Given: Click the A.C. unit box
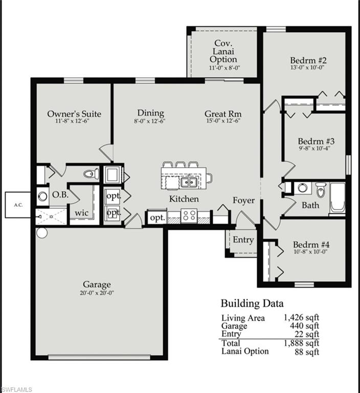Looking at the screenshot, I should [x=18, y=205].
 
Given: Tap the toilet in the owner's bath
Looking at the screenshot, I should [x=91, y=174].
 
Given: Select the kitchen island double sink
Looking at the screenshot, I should [x=189, y=182].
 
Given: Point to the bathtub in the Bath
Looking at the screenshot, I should [x=337, y=197].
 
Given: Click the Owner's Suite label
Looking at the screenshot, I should [x=74, y=114].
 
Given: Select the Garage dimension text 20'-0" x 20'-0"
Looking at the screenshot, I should [x=97, y=293].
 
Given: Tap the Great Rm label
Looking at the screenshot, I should [x=223, y=114].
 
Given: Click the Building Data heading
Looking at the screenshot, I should [x=252, y=303].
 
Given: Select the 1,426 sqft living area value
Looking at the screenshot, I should [x=301, y=318].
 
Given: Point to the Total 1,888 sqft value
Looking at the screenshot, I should [x=301, y=343].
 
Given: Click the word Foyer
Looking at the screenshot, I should [x=243, y=201].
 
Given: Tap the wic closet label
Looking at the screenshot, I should [x=82, y=212].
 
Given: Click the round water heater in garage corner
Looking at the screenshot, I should [x=41, y=233].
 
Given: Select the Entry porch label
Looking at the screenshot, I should [x=243, y=239].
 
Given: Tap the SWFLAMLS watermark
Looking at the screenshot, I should [x=16, y=389].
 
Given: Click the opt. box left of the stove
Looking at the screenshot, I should [x=157, y=217].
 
